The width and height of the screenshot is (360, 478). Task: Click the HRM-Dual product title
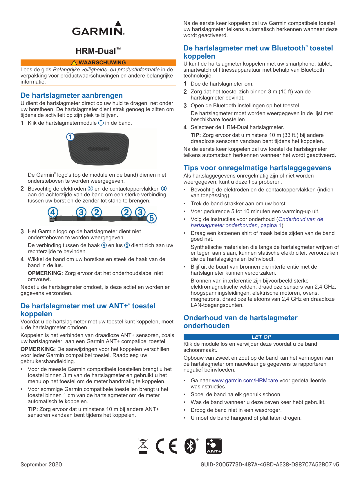(x=98, y=51)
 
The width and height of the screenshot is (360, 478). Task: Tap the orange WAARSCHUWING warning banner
(x=98, y=63)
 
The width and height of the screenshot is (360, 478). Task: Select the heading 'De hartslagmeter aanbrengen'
(x=72, y=95)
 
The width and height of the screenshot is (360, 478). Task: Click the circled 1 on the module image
(x=70, y=137)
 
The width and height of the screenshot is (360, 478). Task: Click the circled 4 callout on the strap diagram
(x=53, y=212)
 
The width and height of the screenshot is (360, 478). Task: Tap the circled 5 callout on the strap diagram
(x=152, y=218)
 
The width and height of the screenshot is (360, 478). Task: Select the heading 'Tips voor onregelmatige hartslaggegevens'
(x=257, y=168)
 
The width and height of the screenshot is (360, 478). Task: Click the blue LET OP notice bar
(x=261, y=337)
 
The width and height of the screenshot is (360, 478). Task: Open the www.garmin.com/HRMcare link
(x=245, y=381)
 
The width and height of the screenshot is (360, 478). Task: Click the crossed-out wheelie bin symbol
(x=143, y=446)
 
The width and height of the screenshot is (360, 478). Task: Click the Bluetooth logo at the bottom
(x=190, y=446)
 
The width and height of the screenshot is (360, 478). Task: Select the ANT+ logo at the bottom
(x=214, y=446)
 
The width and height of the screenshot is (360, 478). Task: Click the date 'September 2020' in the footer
(x=41, y=465)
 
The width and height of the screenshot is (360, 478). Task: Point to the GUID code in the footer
(x=269, y=465)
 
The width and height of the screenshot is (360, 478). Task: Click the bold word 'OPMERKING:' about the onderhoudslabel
(x=45, y=273)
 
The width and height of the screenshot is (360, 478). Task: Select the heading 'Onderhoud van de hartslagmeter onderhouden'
(x=240, y=322)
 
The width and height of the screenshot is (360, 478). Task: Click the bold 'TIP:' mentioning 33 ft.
(x=196, y=135)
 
